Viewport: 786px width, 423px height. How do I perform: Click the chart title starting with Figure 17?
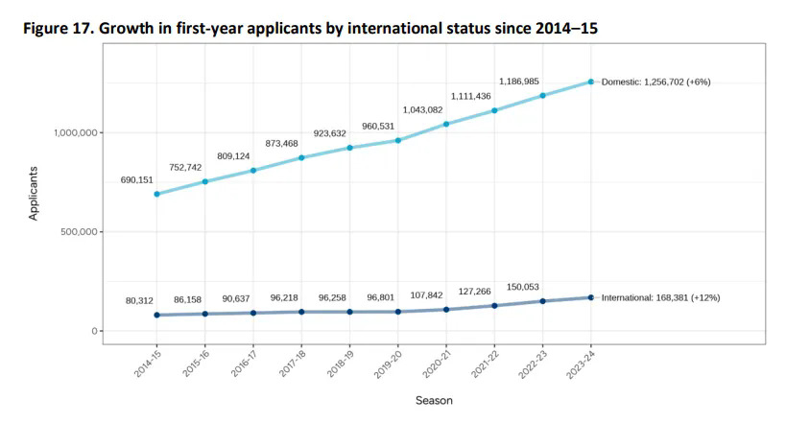coord(309,30)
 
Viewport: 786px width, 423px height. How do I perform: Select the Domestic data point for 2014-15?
coord(156,194)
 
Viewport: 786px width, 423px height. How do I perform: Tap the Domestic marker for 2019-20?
coord(398,141)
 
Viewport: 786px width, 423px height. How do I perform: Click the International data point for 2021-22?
coord(494,305)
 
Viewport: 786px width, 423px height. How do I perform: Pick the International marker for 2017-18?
coord(301,312)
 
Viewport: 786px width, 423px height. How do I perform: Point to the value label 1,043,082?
coord(422,109)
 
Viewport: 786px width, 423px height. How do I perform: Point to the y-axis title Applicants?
coord(33,195)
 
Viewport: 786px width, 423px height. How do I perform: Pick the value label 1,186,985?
coord(522,81)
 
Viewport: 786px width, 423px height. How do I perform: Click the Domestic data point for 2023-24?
coord(591,82)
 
